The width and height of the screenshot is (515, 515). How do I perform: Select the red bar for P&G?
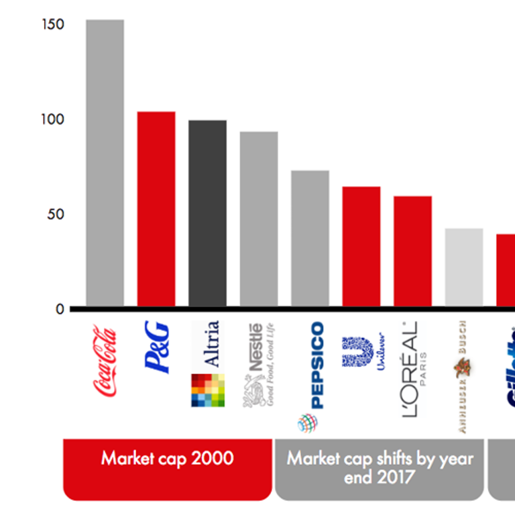point(156,209)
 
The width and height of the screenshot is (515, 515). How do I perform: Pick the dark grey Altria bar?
point(207,213)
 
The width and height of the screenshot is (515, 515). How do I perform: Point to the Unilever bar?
point(361,246)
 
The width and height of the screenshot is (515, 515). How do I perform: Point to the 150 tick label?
point(52,25)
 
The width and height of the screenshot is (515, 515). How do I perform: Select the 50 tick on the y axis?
point(55,215)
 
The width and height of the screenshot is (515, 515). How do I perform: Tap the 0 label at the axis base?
point(60,309)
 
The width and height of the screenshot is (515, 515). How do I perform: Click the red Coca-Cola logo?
point(105,361)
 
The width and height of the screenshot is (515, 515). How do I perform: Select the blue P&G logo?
point(157,347)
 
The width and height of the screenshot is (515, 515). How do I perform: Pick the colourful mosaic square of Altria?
point(207,390)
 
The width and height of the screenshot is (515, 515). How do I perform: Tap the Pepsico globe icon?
point(308,422)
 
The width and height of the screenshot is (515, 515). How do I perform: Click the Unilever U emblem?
point(357,351)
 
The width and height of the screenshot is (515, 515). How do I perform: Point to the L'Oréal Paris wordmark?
point(411,369)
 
